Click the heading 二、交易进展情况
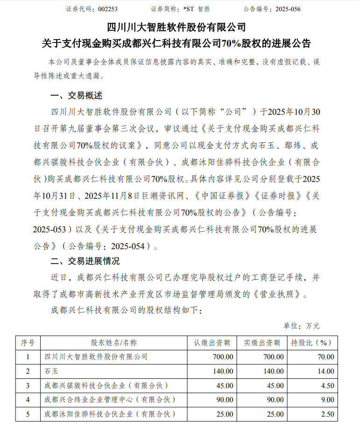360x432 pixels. coord(85,260)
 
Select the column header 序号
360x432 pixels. coord(28,342)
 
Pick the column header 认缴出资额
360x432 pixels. coord(212,342)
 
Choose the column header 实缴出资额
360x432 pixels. coord(262,342)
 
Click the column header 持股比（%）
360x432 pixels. coord(311,342)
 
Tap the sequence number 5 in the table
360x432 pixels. coord(28,414)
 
